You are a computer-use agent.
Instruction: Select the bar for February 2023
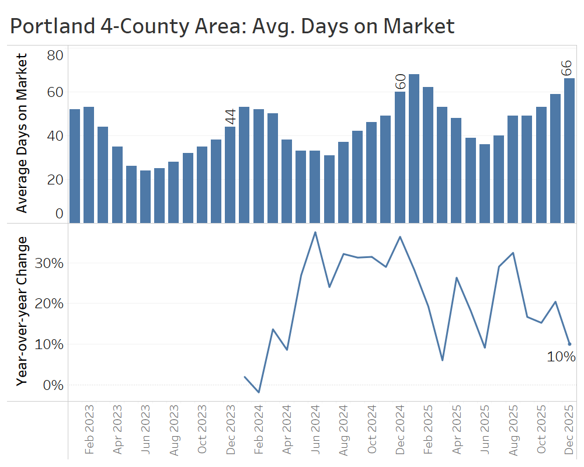[89, 164]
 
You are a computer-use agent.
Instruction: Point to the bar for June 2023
[145, 196]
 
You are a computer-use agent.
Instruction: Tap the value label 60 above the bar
[401, 81]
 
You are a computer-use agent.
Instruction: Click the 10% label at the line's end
[561, 357]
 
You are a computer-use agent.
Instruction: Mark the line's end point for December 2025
[569, 344]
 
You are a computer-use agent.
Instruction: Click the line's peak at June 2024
[315, 232]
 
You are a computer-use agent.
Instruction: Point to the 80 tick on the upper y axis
[55, 55]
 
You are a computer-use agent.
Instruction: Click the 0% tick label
[53, 385]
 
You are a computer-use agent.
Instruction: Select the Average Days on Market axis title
[22, 133]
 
